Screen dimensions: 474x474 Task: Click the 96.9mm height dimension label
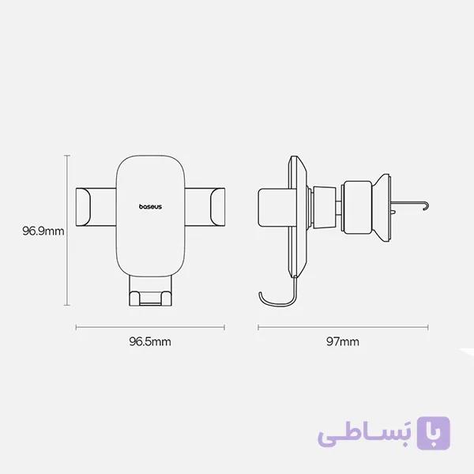click(43, 231)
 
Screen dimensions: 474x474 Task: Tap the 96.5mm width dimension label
click(150, 341)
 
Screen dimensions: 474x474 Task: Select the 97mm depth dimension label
click(343, 341)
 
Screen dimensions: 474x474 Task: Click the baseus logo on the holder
click(150, 207)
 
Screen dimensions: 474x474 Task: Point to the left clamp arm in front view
click(96, 207)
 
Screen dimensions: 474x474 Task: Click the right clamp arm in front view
click(205, 207)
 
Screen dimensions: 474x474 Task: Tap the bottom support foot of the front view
click(150, 291)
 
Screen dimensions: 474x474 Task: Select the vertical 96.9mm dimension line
click(67, 231)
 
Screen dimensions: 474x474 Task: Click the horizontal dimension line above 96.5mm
click(150, 327)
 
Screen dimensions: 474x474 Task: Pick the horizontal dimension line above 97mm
click(343, 327)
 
